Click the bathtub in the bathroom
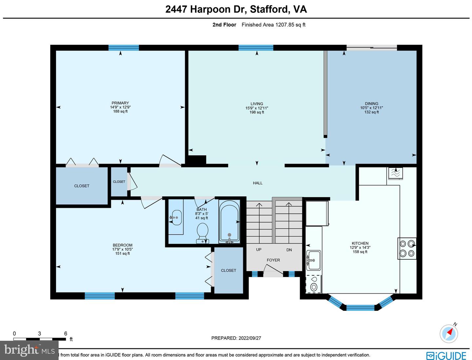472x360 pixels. (229, 221)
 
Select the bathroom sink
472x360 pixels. (177, 217)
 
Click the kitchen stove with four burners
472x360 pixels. (407, 248)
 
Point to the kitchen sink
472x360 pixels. (313, 260)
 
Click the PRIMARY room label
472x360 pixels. (120, 103)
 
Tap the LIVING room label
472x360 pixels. (257, 104)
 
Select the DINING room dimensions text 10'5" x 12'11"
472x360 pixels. (371, 108)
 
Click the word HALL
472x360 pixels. (258, 183)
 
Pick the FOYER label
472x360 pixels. (273, 260)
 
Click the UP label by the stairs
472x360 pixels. (259, 250)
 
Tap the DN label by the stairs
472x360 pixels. (289, 250)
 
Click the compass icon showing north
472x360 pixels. (449, 334)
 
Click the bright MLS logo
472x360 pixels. (29, 350)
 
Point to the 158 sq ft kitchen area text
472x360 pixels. (360, 252)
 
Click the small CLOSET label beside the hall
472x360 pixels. (119, 182)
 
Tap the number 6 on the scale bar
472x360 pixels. (66, 333)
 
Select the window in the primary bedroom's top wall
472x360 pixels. (124, 48)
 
